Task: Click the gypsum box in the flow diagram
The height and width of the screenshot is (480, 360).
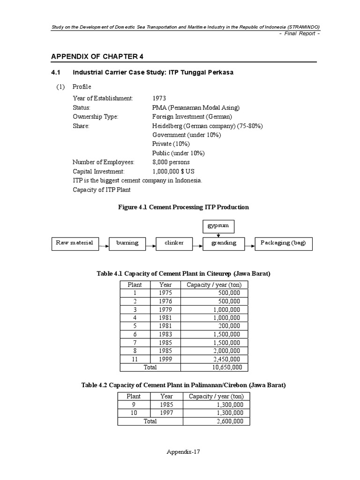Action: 218,226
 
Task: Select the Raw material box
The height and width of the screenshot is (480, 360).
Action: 75,243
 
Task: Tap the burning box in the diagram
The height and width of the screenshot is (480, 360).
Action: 127,243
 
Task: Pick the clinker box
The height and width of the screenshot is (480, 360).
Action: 174,243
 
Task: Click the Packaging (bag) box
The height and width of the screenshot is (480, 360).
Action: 283,243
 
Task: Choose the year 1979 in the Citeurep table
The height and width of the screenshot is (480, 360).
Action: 165,309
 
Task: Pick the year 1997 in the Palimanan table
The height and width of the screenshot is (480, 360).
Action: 166,412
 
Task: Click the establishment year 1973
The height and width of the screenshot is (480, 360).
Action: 159,98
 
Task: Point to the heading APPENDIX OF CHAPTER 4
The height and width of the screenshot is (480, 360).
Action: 97,57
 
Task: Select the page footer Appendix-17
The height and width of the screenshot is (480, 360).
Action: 183,452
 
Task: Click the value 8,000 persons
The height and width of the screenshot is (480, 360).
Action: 171,162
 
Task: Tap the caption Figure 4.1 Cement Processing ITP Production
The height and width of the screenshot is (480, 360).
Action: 183,207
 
